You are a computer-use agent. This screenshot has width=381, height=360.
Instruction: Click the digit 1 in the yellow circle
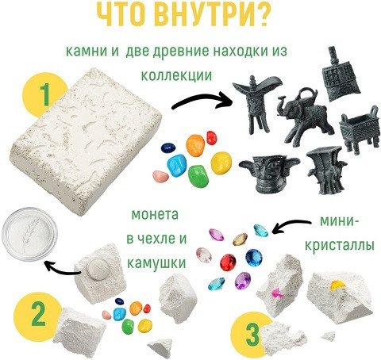pyautogui.click(x=45, y=94)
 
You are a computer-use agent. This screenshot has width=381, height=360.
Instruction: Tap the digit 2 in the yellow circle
pyautogui.click(x=39, y=314)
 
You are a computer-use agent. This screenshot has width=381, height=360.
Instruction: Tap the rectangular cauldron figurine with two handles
pyautogui.click(x=360, y=129)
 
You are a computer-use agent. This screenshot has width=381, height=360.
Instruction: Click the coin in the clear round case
pyautogui.click(x=29, y=234)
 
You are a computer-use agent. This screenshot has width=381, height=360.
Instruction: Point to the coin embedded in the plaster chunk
pyautogui.click(x=98, y=269)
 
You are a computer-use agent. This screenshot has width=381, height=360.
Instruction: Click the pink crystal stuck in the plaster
pyautogui.click(x=277, y=293)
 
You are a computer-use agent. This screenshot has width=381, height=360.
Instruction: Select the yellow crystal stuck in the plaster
pyautogui.click(x=337, y=285)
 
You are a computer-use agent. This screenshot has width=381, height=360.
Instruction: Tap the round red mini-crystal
pyautogui.click(x=228, y=262)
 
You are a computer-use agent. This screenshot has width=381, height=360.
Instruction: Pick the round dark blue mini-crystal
pyautogui.click(x=254, y=258)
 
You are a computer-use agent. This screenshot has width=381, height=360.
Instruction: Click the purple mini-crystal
pyautogui.click(x=243, y=281)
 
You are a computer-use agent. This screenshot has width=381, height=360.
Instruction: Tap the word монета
pyautogui.click(x=155, y=215)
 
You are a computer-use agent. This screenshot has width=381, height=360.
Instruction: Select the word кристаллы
pyautogui.click(x=340, y=246)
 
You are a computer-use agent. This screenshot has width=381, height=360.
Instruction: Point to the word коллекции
pyautogui.click(x=176, y=75)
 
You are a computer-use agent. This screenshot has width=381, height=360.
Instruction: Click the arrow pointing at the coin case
pyautogui.click(x=63, y=268)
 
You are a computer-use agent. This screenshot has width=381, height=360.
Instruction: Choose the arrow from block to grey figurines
pyautogui.click(x=202, y=101)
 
